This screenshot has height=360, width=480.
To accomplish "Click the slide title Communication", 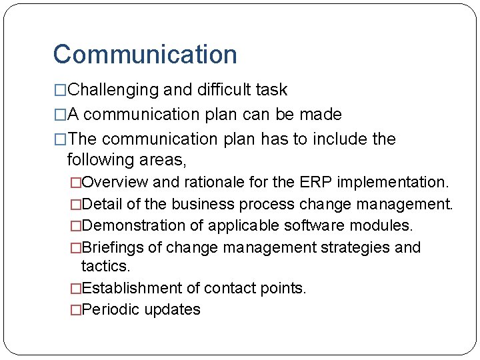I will coord(145,55).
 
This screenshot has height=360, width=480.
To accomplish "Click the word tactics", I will coord(105,266).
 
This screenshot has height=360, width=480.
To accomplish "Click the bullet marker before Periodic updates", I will coord(75,309).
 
